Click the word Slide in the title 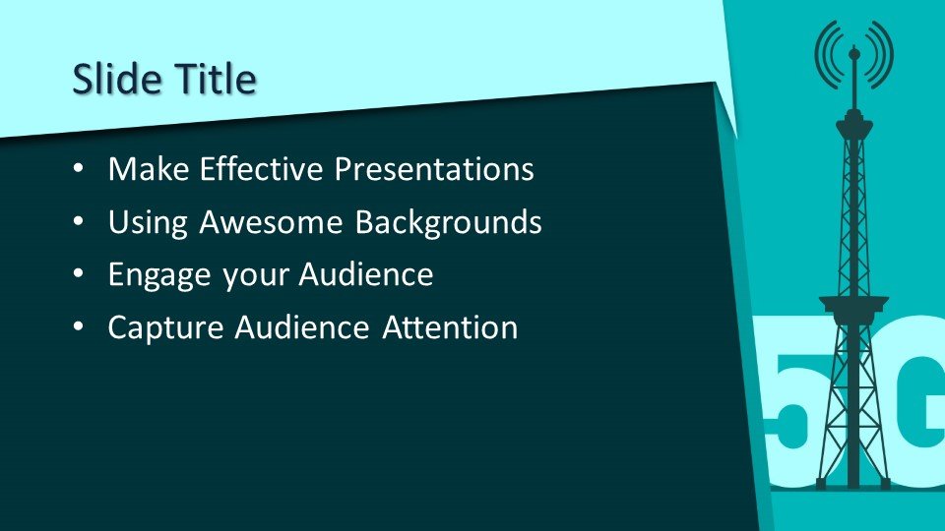(117, 79)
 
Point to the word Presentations (434, 168)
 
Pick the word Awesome (271, 221)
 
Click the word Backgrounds (448, 223)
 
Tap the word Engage (159, 275)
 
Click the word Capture (165, 328)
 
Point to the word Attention (450, 327)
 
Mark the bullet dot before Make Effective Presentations (79, 169)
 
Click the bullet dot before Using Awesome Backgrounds (79, 222)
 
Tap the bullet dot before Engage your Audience (79, 274)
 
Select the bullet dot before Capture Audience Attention (79, 327)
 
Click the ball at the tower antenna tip (854, 54)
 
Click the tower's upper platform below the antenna (854, 125)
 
